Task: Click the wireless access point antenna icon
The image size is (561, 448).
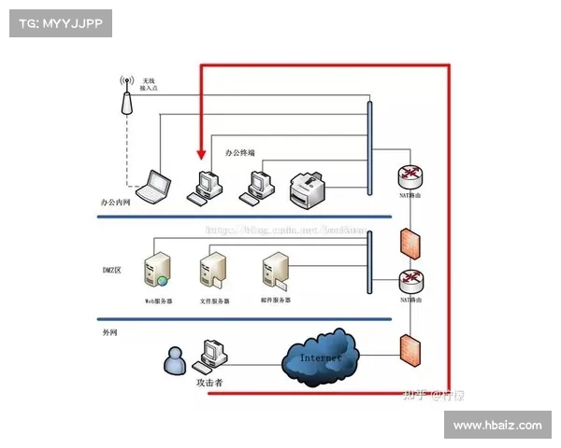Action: tap(127, 94)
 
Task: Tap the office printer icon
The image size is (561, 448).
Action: tap(308, 191)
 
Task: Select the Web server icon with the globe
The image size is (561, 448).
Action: tap(156, 270)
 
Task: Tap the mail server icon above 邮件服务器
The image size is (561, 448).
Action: tap(275, 269)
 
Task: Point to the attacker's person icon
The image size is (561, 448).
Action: tap(173, 361)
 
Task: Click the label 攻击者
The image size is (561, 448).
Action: tap(208, 383)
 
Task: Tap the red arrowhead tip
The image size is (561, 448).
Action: tap(199, 160)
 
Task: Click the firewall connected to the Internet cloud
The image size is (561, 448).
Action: tap(408, 349)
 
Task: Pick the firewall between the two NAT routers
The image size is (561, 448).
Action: tap(408, 242)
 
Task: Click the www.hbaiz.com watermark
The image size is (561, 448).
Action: tap(496, 425)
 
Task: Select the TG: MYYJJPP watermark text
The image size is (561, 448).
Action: tap(60, 22)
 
